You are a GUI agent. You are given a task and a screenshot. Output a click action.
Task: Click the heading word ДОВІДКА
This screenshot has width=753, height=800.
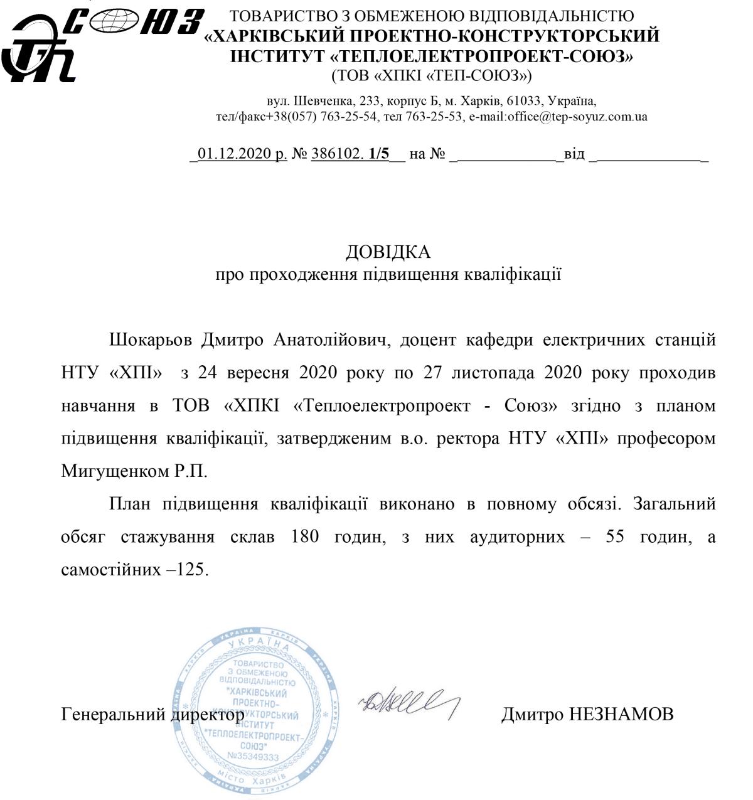click(x=388, y=252)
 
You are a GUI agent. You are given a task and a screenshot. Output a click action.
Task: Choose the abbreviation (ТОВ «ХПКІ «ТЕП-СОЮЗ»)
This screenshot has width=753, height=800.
click(x=432, y=77)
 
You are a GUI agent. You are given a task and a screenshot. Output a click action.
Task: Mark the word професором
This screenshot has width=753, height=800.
click(x=666, y=439)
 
